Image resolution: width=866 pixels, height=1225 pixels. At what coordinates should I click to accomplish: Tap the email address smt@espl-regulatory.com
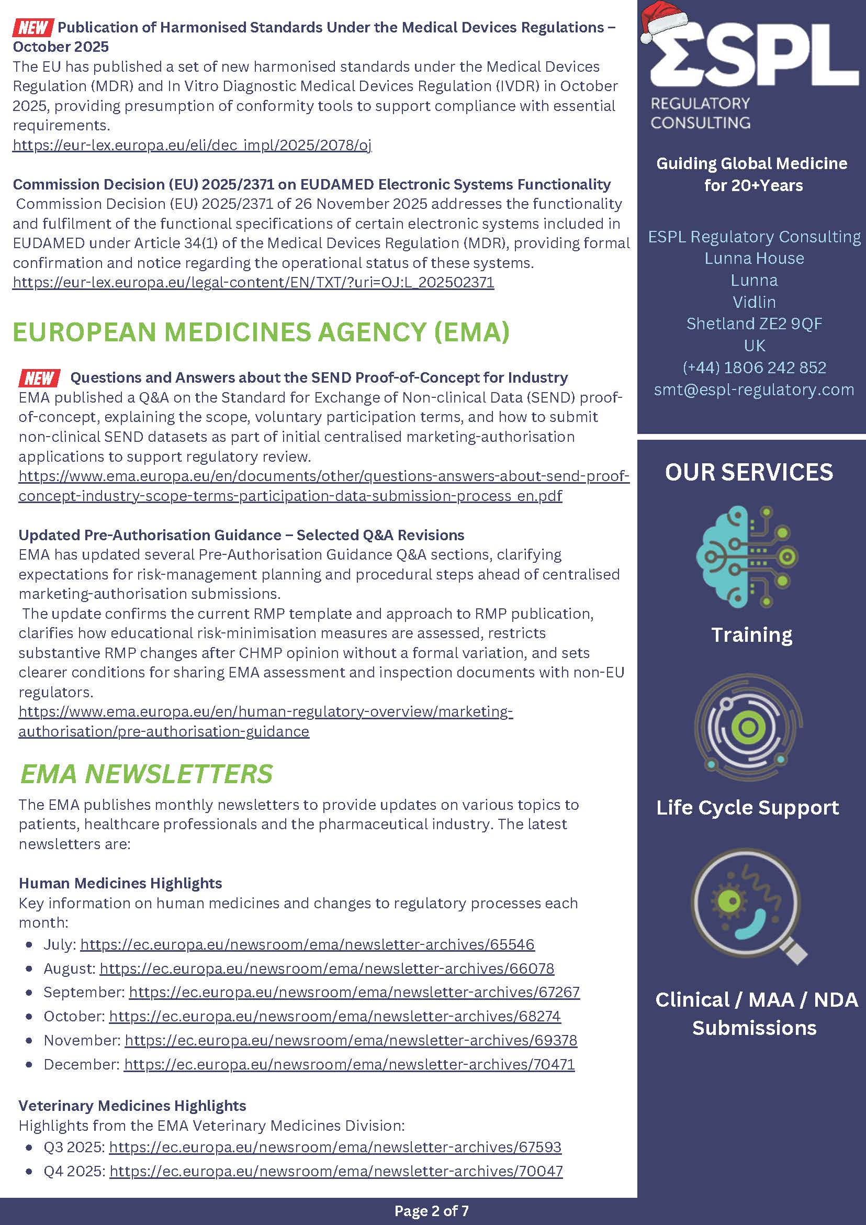tap(753, 389)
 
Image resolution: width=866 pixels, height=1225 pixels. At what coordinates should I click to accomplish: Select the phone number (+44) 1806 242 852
tap(753, 367)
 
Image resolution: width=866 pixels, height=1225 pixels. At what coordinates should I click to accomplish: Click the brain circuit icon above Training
tap(747, 555)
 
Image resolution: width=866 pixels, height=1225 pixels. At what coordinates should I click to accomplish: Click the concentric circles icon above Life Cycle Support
tap(748, 727)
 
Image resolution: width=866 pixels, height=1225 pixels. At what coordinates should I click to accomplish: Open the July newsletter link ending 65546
tap(307, 944)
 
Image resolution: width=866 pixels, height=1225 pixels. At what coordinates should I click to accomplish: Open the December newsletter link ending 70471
tap(350, 1064)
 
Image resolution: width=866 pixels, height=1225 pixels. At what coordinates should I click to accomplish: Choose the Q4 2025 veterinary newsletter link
tap(336, 1171)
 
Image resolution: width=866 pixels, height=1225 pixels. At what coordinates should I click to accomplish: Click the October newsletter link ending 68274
tap(335, 1017)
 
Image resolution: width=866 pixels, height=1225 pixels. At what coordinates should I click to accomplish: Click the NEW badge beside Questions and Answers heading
tap(39, 378)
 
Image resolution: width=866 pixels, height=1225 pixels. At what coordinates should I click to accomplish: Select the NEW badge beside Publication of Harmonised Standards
tap(33, 27)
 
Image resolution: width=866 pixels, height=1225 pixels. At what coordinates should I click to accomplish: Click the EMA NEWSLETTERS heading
tap(146, 774)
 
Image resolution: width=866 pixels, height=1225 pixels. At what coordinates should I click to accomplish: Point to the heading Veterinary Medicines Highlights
tap(132, 1106)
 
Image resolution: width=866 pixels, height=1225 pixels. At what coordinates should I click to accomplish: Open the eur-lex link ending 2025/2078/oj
tap(192, 145)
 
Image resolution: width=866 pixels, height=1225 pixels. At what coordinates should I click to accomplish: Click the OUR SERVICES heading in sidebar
tap(749, 472)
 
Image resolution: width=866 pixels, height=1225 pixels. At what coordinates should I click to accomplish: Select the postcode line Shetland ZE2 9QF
tap(753, 324)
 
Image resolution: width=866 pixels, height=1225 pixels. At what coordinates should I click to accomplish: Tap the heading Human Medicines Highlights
tap(120, 883)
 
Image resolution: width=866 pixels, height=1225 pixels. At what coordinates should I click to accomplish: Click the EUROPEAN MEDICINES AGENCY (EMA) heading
tap(261, 332)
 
